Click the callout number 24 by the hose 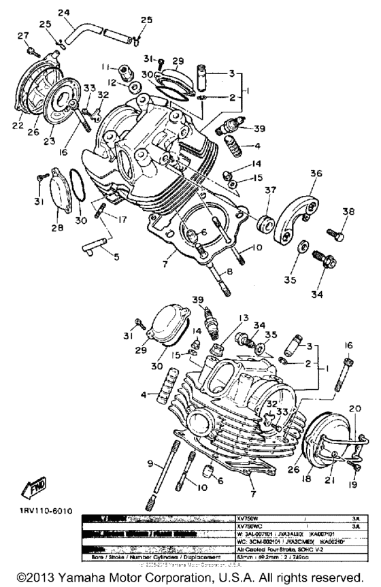coord(64,13)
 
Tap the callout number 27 coord(22,36)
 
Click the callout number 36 coord(315,173)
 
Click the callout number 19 coord(352,486)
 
